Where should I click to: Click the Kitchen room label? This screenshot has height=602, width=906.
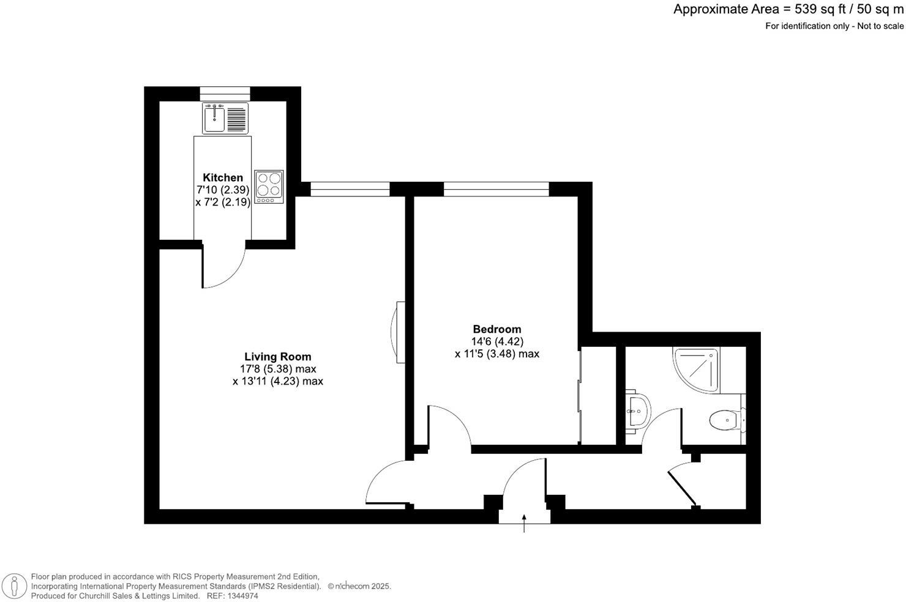coord(223,177)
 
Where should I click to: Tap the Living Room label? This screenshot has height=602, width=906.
coord(277,357)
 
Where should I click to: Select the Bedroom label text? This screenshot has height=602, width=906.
coord(496,329)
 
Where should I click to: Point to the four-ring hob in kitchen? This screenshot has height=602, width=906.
coord(269,187)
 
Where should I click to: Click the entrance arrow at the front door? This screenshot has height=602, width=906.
coord(524,524)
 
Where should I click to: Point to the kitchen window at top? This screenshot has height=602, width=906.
coord(225,93)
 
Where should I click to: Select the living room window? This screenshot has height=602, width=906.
coord(350,189)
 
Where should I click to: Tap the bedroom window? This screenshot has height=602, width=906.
coord(496,189)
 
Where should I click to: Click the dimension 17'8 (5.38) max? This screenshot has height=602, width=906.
coord(277,369)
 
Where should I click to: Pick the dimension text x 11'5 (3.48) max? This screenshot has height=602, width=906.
coord(496,354)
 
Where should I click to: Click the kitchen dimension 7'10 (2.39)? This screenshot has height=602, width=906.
coord(223,190)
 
